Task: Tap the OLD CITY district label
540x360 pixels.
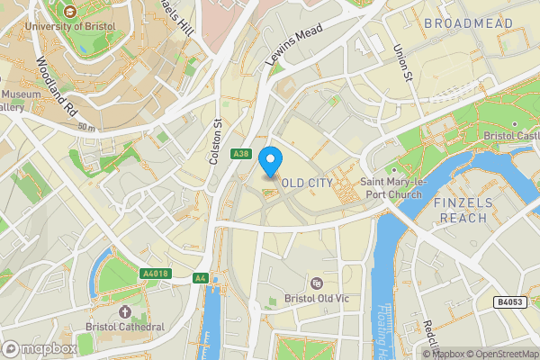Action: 307,183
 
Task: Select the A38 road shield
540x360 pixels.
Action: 240,154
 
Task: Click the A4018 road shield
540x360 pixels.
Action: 155,274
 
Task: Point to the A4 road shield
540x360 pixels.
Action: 200,278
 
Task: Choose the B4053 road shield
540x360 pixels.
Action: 509,302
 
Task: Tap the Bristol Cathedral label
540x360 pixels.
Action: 125,327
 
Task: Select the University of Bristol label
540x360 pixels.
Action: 69,26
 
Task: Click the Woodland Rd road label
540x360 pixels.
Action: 55,87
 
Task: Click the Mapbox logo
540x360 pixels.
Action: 38,348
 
